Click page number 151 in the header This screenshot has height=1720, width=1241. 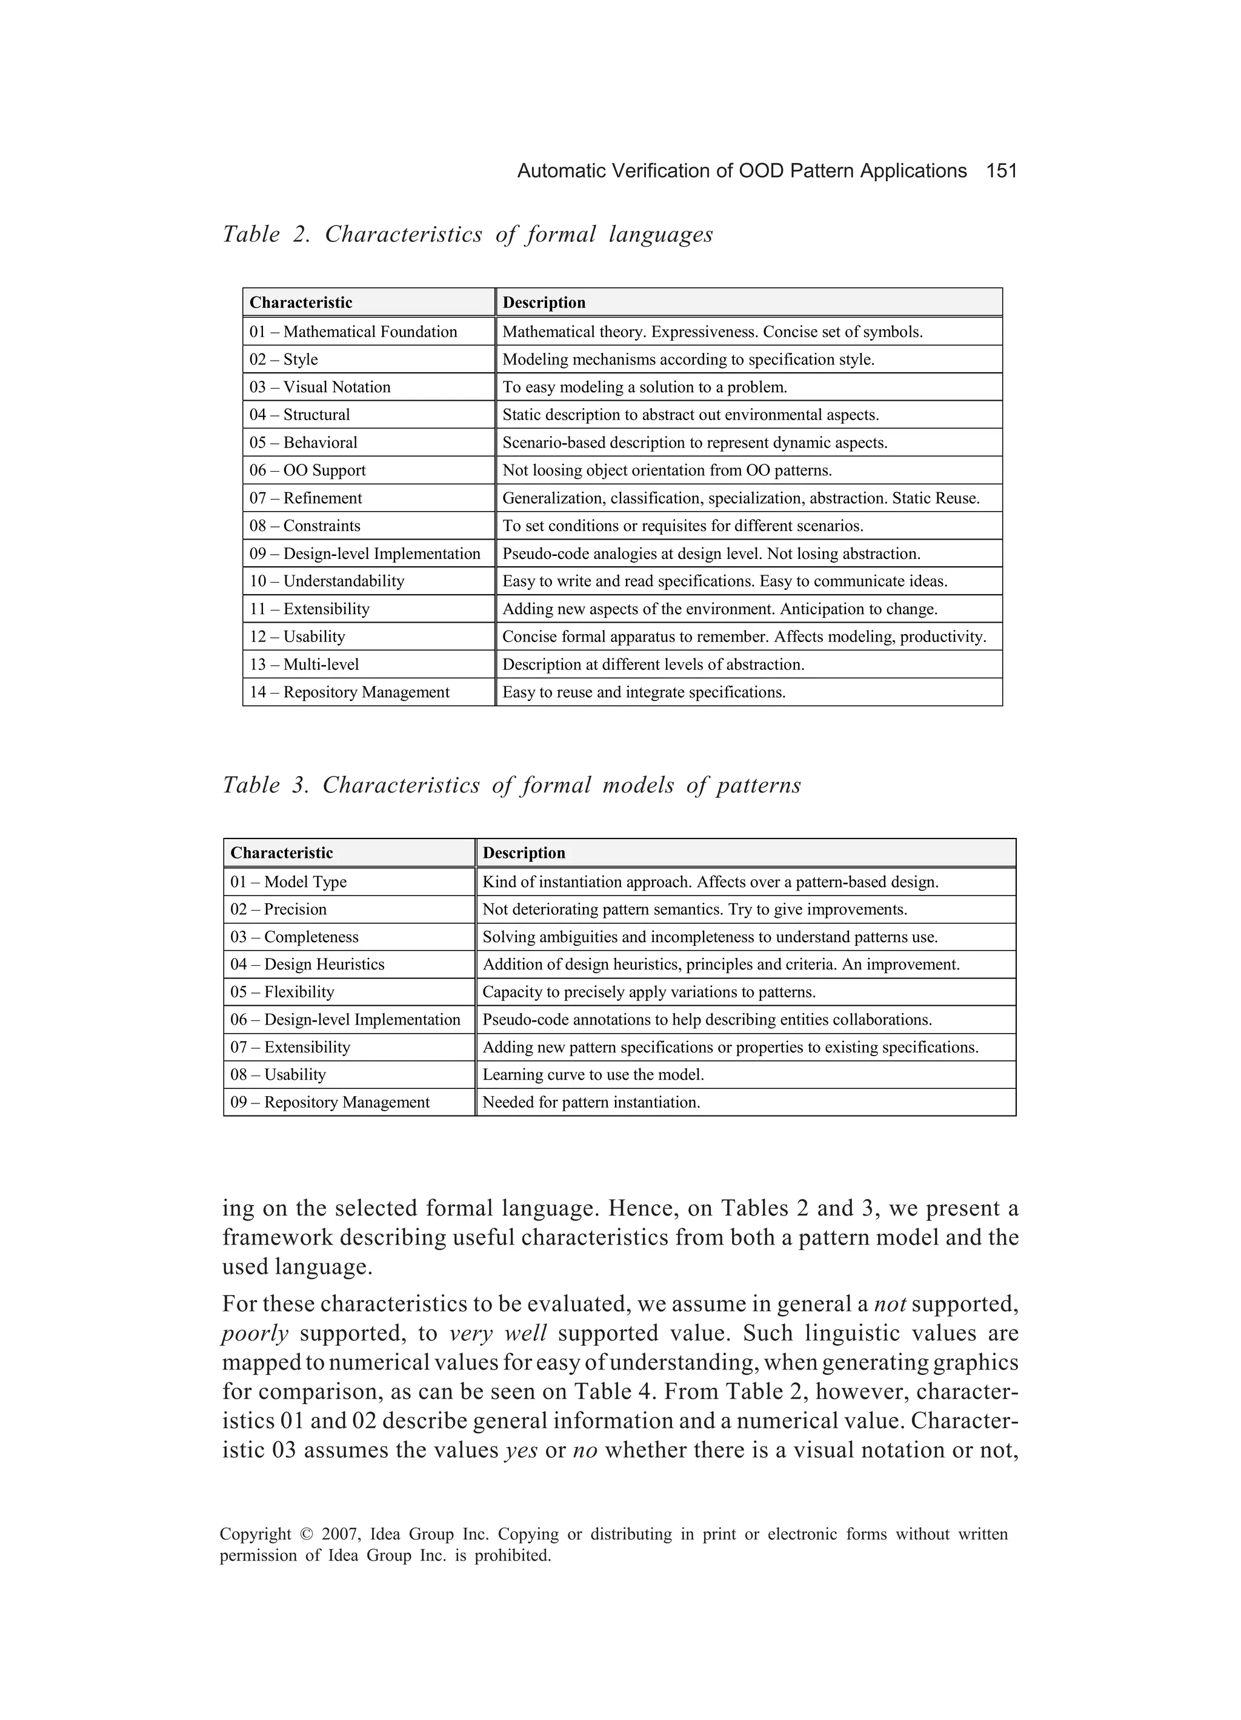click(x=1000, y=172)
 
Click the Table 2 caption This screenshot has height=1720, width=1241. click(x=468, y=235)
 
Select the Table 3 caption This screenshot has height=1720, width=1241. click(x=511, y=785)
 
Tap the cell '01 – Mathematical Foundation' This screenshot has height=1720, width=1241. click(x=353, y=332)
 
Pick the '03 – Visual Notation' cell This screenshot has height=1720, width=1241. click(x=320, y=387)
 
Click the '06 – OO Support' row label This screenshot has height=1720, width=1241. click(x=308, y=470)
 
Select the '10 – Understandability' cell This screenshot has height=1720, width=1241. click(x=327, y=581)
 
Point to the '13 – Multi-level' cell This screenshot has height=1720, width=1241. click(x=304, y=664)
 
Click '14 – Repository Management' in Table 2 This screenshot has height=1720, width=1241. click(x=350, y=692)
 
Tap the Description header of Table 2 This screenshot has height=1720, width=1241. click(x=544, y=303)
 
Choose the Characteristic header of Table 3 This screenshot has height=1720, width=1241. click(x=281, y=852)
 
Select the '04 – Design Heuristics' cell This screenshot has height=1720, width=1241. click(x=307, y=965)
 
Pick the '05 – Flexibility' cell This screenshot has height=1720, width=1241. click(x=282, y=992)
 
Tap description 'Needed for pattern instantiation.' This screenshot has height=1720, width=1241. click(x=591, y=1103)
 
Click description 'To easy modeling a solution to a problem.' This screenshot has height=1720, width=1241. click(x=644, y=387)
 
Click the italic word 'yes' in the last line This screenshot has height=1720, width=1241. click(x=520, y=1451)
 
